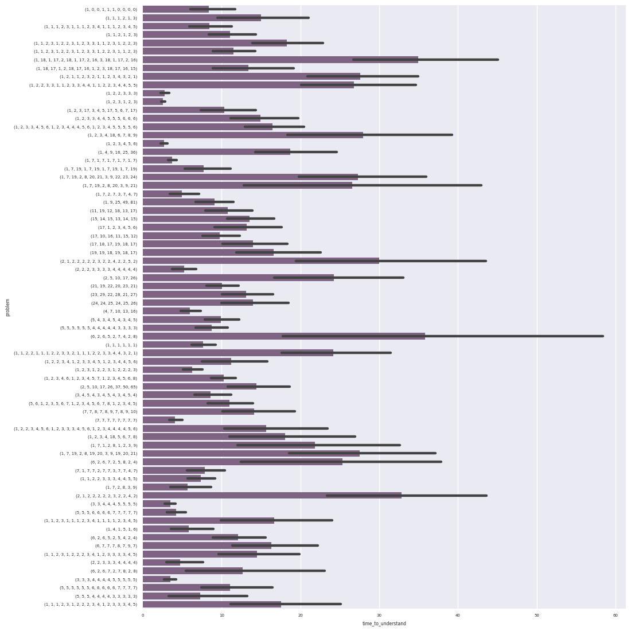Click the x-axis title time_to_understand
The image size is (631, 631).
384,624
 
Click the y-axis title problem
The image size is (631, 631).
8,307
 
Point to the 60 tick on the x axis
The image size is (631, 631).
616,616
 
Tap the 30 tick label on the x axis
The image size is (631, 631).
379,616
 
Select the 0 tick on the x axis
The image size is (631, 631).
143,616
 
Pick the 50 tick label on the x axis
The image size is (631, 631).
537,616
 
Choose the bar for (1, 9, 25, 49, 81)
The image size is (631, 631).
178,202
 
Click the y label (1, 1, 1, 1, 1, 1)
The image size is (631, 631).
121,345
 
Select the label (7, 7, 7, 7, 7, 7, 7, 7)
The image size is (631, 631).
116,420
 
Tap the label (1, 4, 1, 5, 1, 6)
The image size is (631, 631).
121,529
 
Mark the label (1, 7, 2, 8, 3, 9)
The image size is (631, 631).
121,487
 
